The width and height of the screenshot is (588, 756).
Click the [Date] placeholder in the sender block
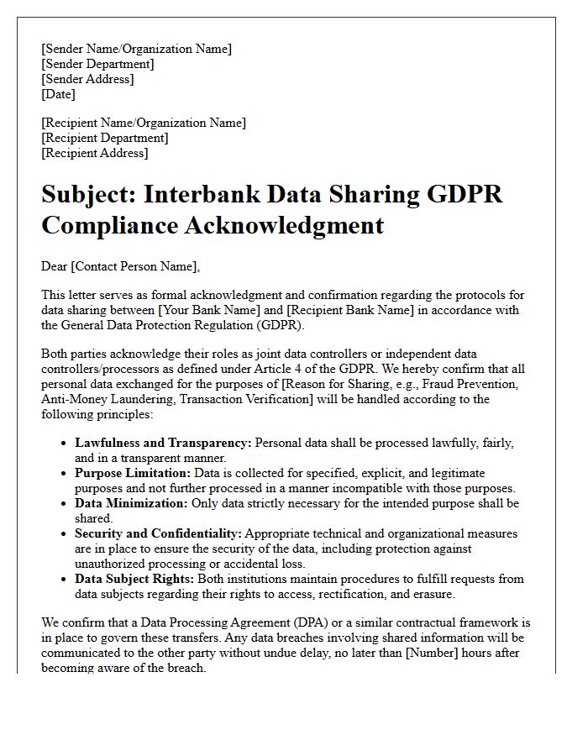point(58,94)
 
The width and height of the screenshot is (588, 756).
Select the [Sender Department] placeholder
point(97,64)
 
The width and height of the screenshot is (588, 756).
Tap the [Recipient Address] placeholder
point(94,153)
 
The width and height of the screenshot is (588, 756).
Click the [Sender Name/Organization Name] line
point(136,49)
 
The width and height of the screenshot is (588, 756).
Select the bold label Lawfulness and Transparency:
point(163,443)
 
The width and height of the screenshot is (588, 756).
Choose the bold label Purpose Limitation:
point(132,473)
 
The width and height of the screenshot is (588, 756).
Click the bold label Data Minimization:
point(131,503)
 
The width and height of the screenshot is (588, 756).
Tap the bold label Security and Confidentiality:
point(158,533)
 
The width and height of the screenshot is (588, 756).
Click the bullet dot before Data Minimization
point(65,504)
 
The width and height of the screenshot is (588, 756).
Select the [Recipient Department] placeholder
point(105,138)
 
